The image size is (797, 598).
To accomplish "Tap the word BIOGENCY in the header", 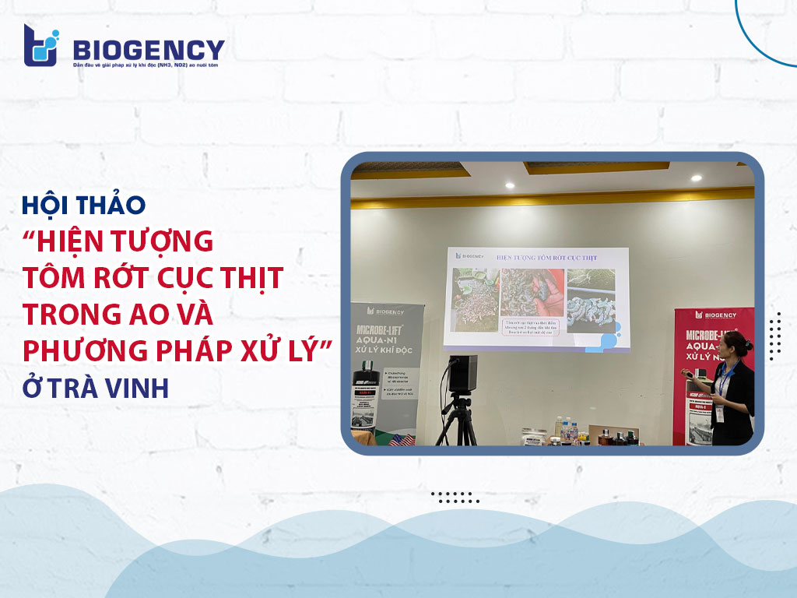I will click(148, 50).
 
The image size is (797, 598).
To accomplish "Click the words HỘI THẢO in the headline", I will click(84, 205).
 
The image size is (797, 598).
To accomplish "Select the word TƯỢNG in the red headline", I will click(159, 241).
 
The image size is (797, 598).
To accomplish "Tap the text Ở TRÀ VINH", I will click(96, 387).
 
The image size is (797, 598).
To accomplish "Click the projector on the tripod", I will click(463, 374).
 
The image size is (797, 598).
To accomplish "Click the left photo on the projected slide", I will click(476, 300).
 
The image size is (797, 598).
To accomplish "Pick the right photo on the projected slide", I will click(591, 301).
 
